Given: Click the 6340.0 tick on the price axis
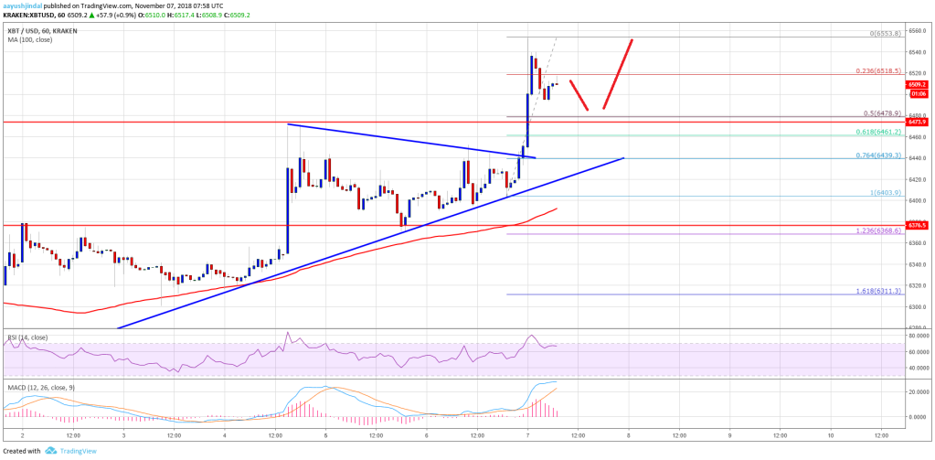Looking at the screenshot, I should [919, 264].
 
